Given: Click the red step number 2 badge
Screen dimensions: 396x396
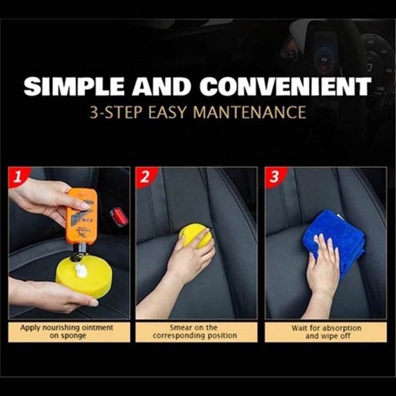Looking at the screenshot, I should click(144, 177).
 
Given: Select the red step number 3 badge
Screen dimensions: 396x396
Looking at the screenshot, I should click(274, 177).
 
